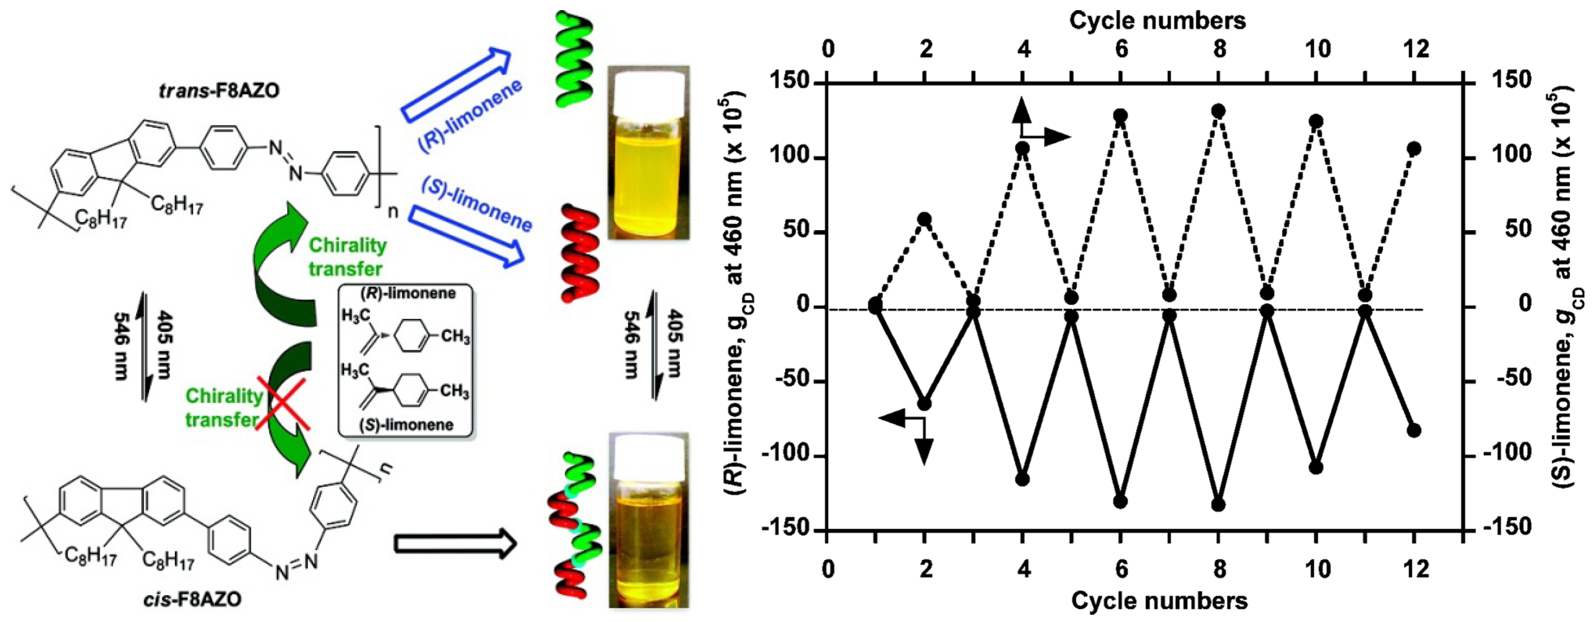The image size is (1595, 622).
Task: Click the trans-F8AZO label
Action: click(219, 91)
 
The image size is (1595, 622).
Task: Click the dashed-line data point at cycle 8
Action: click(1219, 111)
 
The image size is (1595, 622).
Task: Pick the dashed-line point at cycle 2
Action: click(925, 219)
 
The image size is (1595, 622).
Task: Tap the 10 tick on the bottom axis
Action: click(1316, 568)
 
